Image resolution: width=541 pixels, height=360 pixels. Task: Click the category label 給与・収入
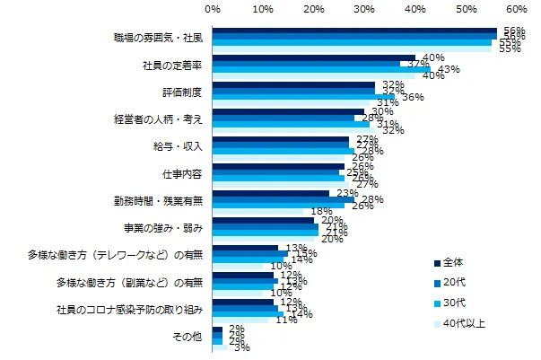(x=179, y=145)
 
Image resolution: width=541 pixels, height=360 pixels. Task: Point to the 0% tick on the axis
(x=213, y=8)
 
